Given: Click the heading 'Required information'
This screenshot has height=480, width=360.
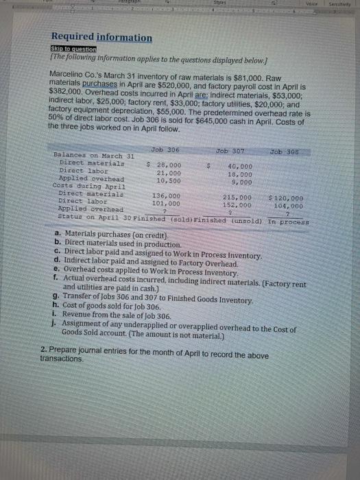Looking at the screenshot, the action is [101, 38].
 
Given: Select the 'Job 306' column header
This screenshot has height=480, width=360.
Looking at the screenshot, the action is [164, 150].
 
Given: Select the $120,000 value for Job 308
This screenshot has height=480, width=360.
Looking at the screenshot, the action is [289, 197].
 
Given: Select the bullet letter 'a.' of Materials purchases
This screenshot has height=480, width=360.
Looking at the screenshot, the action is [56, 235].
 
